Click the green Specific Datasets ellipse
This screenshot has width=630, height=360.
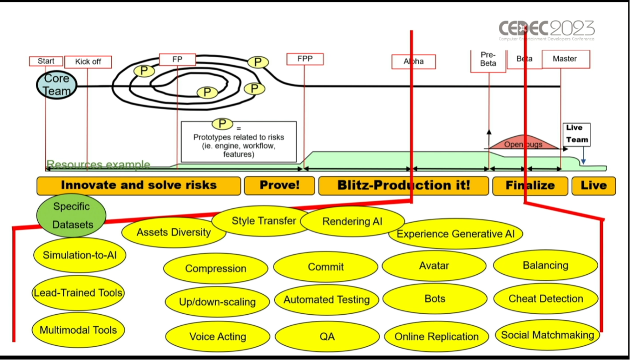[71, 215]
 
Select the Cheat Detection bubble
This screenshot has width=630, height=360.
[546, 299]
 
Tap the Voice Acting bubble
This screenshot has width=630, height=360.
[217, 337]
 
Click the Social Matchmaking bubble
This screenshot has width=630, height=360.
[547, 335]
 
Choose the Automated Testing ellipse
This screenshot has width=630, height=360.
[327, 300]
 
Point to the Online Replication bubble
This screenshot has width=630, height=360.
[436, 337]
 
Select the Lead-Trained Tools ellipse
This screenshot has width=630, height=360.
[78, 293]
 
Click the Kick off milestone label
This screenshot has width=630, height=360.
[88, 62]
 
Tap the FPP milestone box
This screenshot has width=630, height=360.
[305, 59]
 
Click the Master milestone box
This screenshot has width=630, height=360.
[565, 59]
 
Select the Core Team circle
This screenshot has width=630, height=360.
[56, 85]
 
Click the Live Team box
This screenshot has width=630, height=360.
[577, 134]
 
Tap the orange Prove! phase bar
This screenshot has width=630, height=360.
[279, 185]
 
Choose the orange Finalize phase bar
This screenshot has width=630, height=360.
[530, 185]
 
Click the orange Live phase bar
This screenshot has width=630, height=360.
[593, 185]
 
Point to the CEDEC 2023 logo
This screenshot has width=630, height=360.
[547, 30]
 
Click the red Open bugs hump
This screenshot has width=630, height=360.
[523, 143]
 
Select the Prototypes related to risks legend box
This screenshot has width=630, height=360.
[238, 141]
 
